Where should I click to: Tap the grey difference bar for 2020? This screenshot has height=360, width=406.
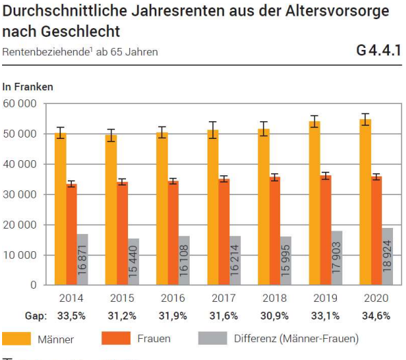point(387,256)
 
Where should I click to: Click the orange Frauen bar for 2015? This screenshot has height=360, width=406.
point(123,233)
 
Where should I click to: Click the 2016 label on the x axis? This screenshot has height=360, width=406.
point(172,298)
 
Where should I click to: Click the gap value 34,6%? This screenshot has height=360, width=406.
point(375,316)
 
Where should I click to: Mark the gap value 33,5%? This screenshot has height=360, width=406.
point(71,316)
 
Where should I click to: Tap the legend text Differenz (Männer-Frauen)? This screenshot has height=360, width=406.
point(296,338)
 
